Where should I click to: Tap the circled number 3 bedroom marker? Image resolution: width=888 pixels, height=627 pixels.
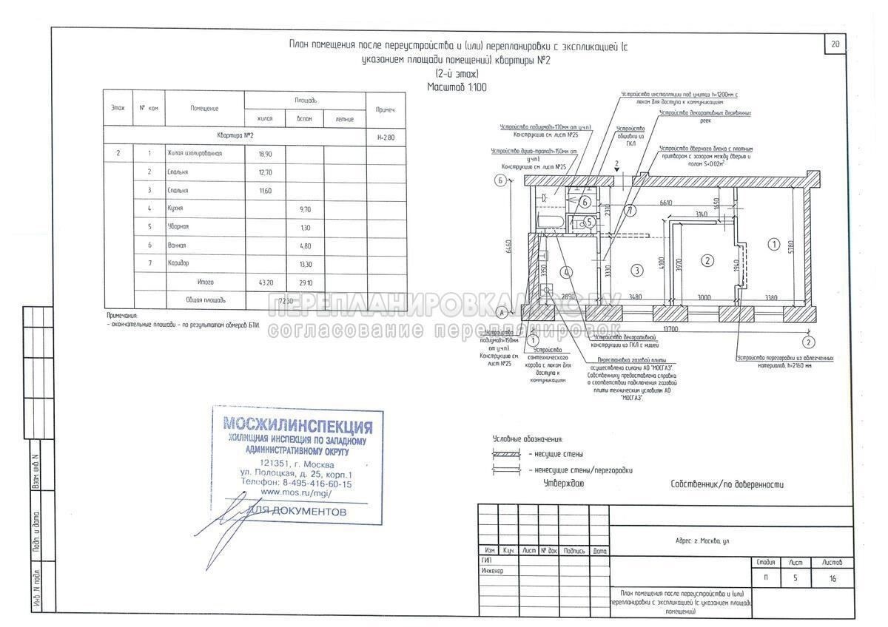tap(635, 271)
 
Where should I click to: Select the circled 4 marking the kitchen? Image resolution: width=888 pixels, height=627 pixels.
tap(565, 272)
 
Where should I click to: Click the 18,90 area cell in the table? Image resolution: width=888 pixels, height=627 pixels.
tap(264, 154)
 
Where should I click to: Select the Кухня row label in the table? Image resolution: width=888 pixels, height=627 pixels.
tap(177, 209)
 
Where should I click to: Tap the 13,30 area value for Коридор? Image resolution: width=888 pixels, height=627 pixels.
tap(303, 263)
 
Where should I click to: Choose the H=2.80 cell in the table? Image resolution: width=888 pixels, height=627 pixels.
tap(386, 135)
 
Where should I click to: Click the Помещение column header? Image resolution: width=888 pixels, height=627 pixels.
tap(204, 109)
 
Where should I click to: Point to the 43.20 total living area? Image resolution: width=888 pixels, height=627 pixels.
tap(263, 282)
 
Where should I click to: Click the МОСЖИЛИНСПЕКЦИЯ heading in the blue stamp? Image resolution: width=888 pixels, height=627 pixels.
tap(298, 426)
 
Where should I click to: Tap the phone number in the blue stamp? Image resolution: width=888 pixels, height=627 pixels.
tap(297, 484)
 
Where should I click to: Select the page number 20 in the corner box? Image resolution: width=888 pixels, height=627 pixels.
tap(835, 44)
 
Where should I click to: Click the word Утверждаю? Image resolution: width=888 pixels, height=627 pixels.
tap(564, 484)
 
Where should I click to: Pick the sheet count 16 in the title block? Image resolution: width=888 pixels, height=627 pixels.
tap(832, 579)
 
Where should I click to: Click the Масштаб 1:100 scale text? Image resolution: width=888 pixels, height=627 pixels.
tap(457, 87)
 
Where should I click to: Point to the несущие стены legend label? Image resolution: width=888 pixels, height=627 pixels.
tap(556, 454)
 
